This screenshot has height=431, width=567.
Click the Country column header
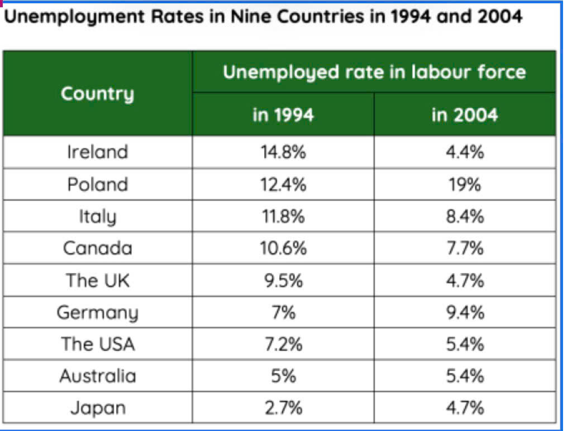[x=98, y=94]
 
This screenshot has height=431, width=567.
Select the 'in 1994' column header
[x=283, y=115]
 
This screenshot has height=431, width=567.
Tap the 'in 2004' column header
[x=465, y=115]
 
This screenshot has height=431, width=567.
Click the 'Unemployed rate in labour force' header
[x=374, y=72]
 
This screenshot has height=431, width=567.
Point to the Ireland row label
[x=98, y=152]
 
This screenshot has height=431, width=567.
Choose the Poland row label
[x=98, y=184]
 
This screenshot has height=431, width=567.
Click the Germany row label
[x=98, y=313]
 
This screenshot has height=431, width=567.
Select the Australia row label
[x=98, y=376]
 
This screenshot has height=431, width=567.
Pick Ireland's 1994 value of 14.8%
[x=283, y=152]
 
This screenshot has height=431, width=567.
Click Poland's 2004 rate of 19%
[x=465, y=184]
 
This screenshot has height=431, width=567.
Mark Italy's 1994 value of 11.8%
[x=283, y=217]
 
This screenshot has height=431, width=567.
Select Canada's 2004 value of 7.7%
[x=465, y=248]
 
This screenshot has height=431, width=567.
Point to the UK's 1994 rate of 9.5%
[x=283, y=280]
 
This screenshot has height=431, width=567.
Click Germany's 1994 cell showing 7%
[x=284, y=312]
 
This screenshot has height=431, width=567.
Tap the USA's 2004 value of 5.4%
[x=465, y=344]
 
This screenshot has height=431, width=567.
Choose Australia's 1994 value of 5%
[x=284, y=376]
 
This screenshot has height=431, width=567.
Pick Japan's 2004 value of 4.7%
[x=465, y=408]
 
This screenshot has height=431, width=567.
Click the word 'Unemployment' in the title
[x=74, y=17]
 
